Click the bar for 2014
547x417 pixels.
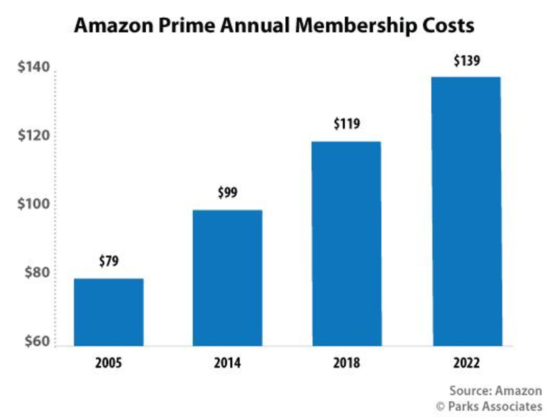pyautogui.click(x=227, y=278)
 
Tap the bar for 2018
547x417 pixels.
pyautogui.click(x=347, y=244)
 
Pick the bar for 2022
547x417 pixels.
pyautogui.click(x=467, y=211)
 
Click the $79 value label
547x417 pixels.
pyautogui.click(x=109, y=261)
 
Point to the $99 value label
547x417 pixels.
pyautogui.click(x=227, y=192)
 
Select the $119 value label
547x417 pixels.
pyautogui.click(x=347, y=124)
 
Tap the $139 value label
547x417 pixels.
pyautogui.click(x=467, y=61)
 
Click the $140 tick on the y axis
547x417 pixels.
pyautogui.click(x=34, y=67)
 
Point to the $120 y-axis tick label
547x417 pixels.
pyautogui.click(x=34, y=135)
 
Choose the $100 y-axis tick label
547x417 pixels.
pyautogui.click(x=34, y=204)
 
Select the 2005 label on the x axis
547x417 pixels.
pyautogui.click(x=108, y=363)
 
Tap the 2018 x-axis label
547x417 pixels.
pyautogui.click(x=346, y=363)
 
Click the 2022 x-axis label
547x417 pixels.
pyautogui.click(x=467, y=363)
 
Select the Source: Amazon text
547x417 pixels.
pyautogui.click(x=496, y=391)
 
